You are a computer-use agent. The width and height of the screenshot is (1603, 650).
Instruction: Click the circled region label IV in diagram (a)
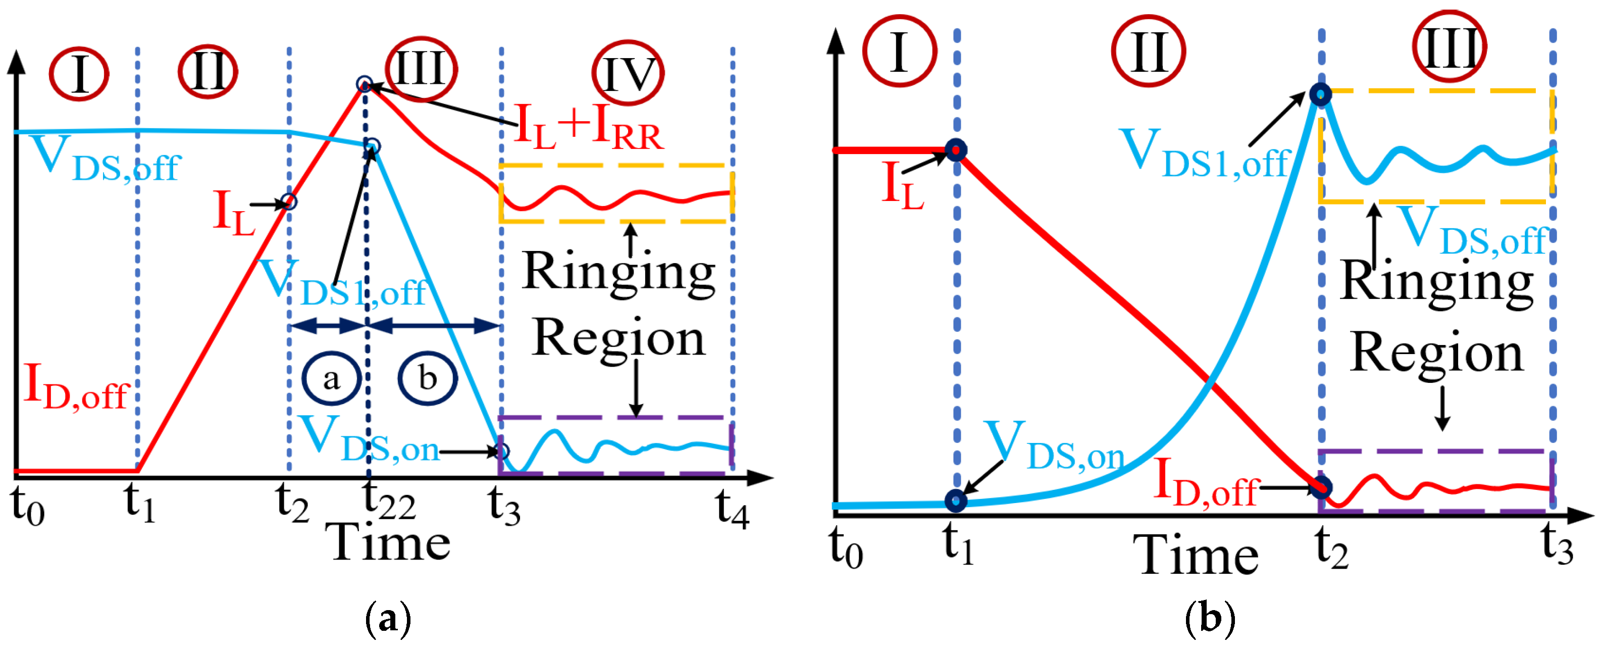tap(628, 73)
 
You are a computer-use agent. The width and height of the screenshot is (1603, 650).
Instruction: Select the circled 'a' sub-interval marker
tap(331, 378)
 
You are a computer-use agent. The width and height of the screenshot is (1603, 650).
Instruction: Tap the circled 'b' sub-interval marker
tap(428, 378)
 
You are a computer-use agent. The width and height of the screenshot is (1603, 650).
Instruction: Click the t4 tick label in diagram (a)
tap(731, 508)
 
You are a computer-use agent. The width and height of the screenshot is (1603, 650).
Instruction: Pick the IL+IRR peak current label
tap(589, 128)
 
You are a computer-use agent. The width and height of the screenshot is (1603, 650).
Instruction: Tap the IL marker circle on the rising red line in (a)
tap(288, 202)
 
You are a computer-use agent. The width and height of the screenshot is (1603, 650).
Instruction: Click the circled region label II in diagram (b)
tap(1148, 52)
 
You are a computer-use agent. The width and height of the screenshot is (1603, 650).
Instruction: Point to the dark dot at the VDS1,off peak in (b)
tap(1320, 94)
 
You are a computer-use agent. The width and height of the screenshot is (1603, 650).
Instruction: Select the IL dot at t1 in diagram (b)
tap(956, 150)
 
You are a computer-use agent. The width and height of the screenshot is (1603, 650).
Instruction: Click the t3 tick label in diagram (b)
tap(1557, 545)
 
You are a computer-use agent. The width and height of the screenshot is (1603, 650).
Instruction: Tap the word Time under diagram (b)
tap(1196, 556)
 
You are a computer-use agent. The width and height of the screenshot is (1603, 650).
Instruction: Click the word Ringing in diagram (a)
tap(618, 272)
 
